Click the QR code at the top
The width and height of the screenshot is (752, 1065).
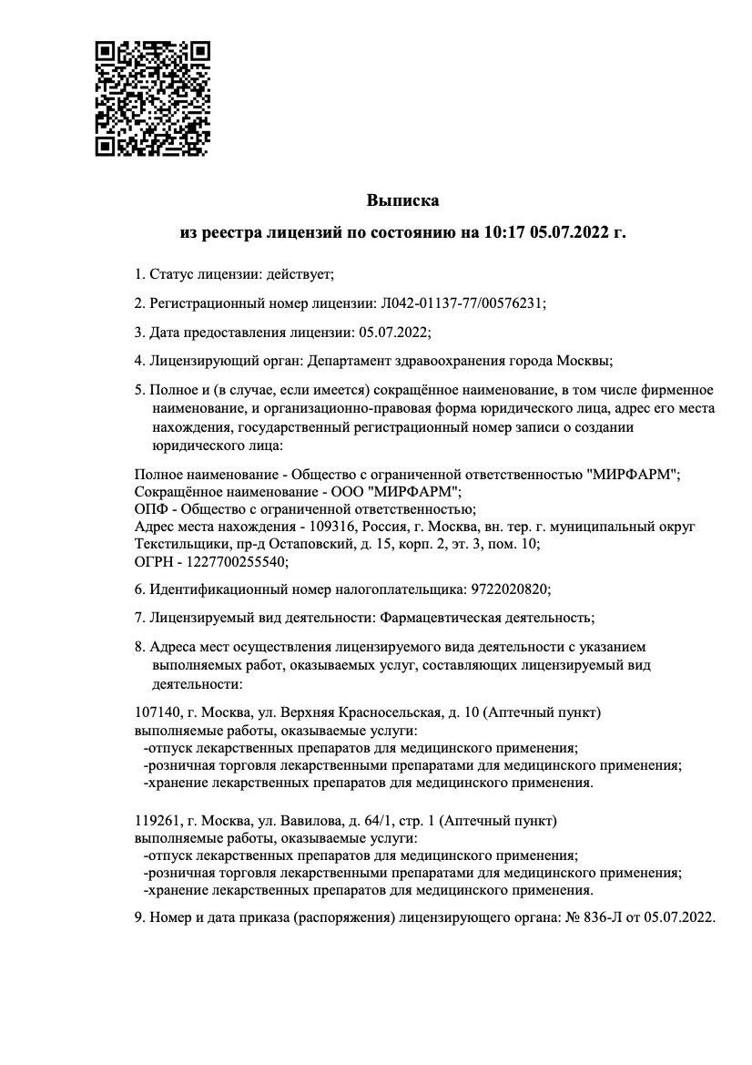tap(152, 97)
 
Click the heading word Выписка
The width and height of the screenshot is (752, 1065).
tap(402, 200)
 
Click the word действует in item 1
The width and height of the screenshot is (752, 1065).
tap(300, 273)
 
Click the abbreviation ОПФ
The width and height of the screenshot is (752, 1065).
tap(149, 509)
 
